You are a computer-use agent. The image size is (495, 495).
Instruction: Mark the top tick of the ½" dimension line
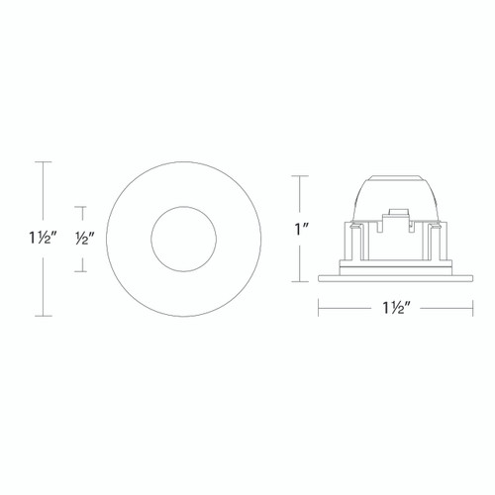tap(84, 207)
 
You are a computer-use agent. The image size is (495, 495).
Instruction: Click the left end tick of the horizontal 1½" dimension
tap(317, 308)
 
